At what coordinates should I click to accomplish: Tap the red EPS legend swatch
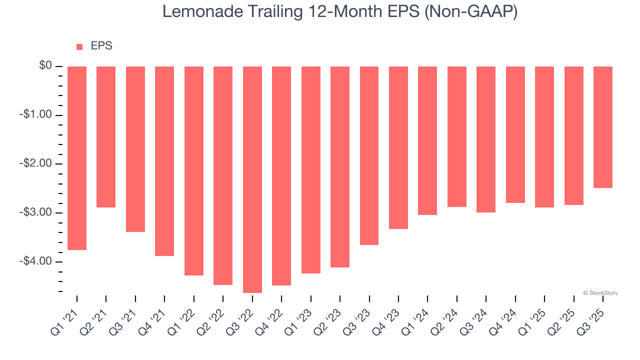tap(79, 46)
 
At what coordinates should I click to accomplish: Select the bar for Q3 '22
tap(252, 179)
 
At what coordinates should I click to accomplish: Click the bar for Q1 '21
tap(77, 158)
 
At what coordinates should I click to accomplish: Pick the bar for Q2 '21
tap(106, 137)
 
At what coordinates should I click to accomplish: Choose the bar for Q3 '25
tap(602, 127)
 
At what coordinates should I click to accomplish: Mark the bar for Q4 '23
tap(398, 147)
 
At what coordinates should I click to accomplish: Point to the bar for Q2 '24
tap(456, 136)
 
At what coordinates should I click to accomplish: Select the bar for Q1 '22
tap(194, 171)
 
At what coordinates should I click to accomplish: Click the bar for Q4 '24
tap(515, 134)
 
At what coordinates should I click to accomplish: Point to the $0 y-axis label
tap(45, 66)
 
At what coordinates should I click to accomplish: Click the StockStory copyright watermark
tap(600, 293)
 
